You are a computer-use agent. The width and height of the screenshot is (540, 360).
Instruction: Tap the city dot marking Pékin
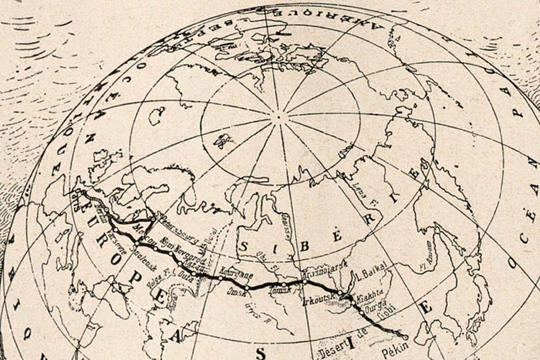click(x=406, y=337)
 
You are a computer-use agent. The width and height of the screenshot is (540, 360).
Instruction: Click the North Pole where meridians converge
click(x=278, y=118)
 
